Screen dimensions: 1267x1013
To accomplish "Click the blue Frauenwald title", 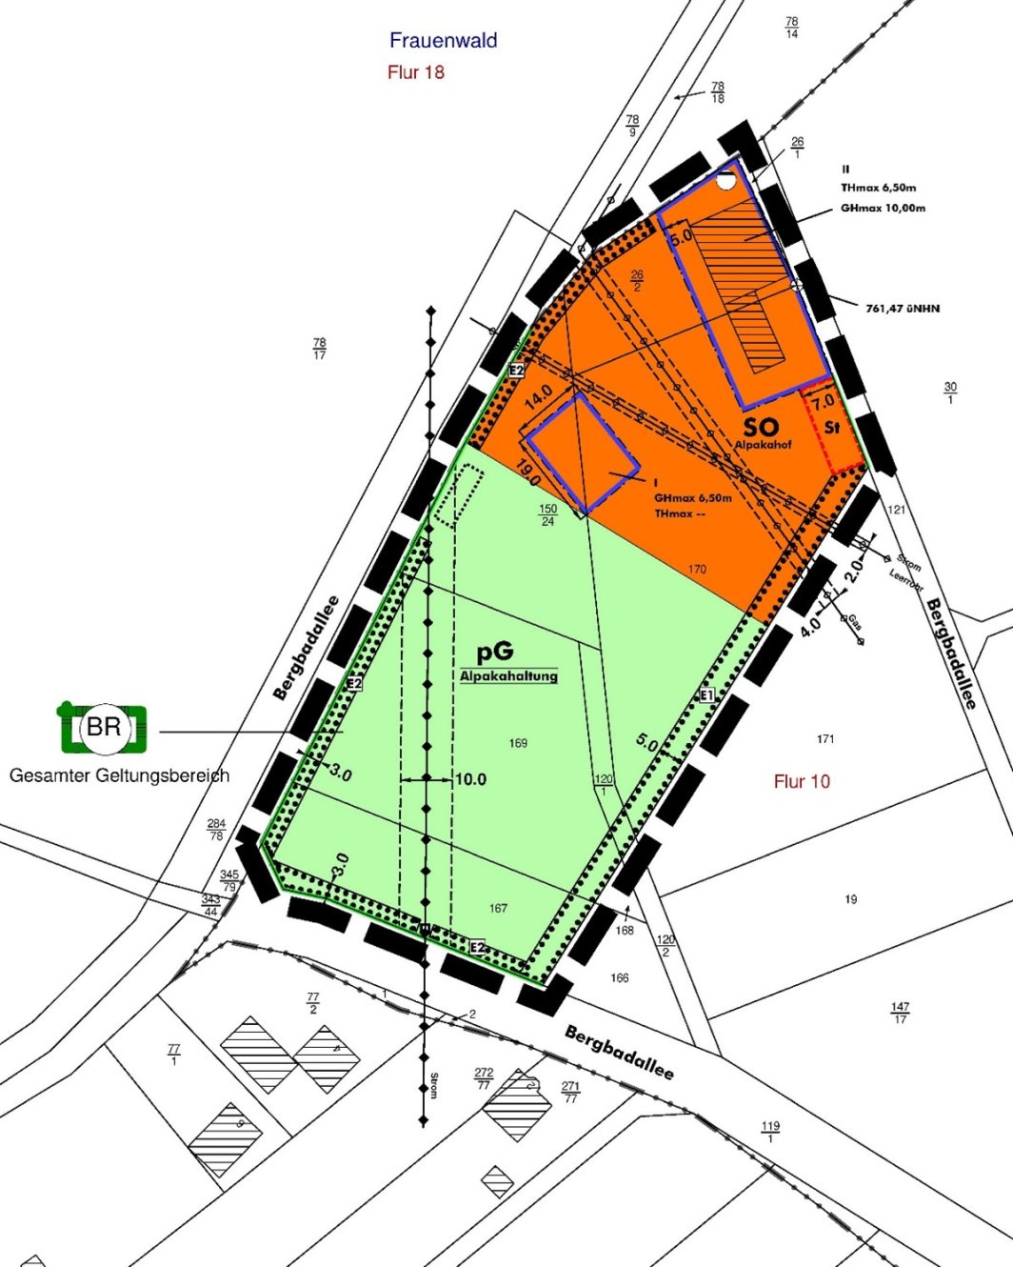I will coord(443,40).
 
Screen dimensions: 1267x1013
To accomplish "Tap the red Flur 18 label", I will coord(416,72).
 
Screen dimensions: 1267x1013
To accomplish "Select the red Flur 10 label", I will coord(802,782).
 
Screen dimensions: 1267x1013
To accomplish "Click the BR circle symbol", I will coord(104,728).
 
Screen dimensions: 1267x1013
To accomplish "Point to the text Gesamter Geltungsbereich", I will coord(119,775).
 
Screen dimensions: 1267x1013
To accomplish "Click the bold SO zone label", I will coord(761,427).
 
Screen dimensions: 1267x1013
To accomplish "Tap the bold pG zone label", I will coord(495,652).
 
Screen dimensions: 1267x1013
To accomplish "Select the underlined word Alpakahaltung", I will coord(508,675).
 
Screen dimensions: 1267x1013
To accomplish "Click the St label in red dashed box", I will coord(832,428).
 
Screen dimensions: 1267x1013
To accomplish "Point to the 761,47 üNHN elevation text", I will coord(903,309).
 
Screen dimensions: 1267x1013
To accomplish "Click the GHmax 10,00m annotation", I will coord(883,208).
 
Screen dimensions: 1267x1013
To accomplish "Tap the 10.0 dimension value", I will coord(470,779).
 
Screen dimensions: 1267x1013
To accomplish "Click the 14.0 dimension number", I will coord(538,397).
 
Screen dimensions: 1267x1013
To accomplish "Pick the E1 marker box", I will coord(706,696).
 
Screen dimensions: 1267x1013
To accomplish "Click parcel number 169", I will coord(518,743).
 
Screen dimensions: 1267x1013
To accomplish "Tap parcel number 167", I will coord(498,908).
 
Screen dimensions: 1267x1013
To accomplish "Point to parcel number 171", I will coord(825,739).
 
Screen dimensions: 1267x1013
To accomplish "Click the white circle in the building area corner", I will coord(725,180).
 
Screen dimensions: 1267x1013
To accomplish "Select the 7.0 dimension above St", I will coord(823,401).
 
